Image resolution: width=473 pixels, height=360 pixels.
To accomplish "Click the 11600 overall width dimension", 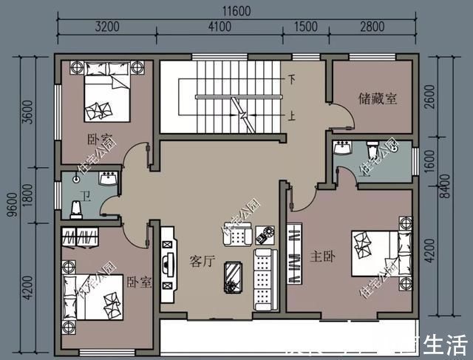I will point(236,11).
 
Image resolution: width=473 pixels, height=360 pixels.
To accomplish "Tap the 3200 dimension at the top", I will point(107,27).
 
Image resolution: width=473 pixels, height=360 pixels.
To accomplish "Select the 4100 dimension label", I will point(220,27).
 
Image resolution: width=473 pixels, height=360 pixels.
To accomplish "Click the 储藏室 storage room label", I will point(378,98).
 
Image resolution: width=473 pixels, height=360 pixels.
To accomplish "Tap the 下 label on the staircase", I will point(292,78).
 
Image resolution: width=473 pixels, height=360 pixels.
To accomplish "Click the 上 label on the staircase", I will point(292,116).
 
